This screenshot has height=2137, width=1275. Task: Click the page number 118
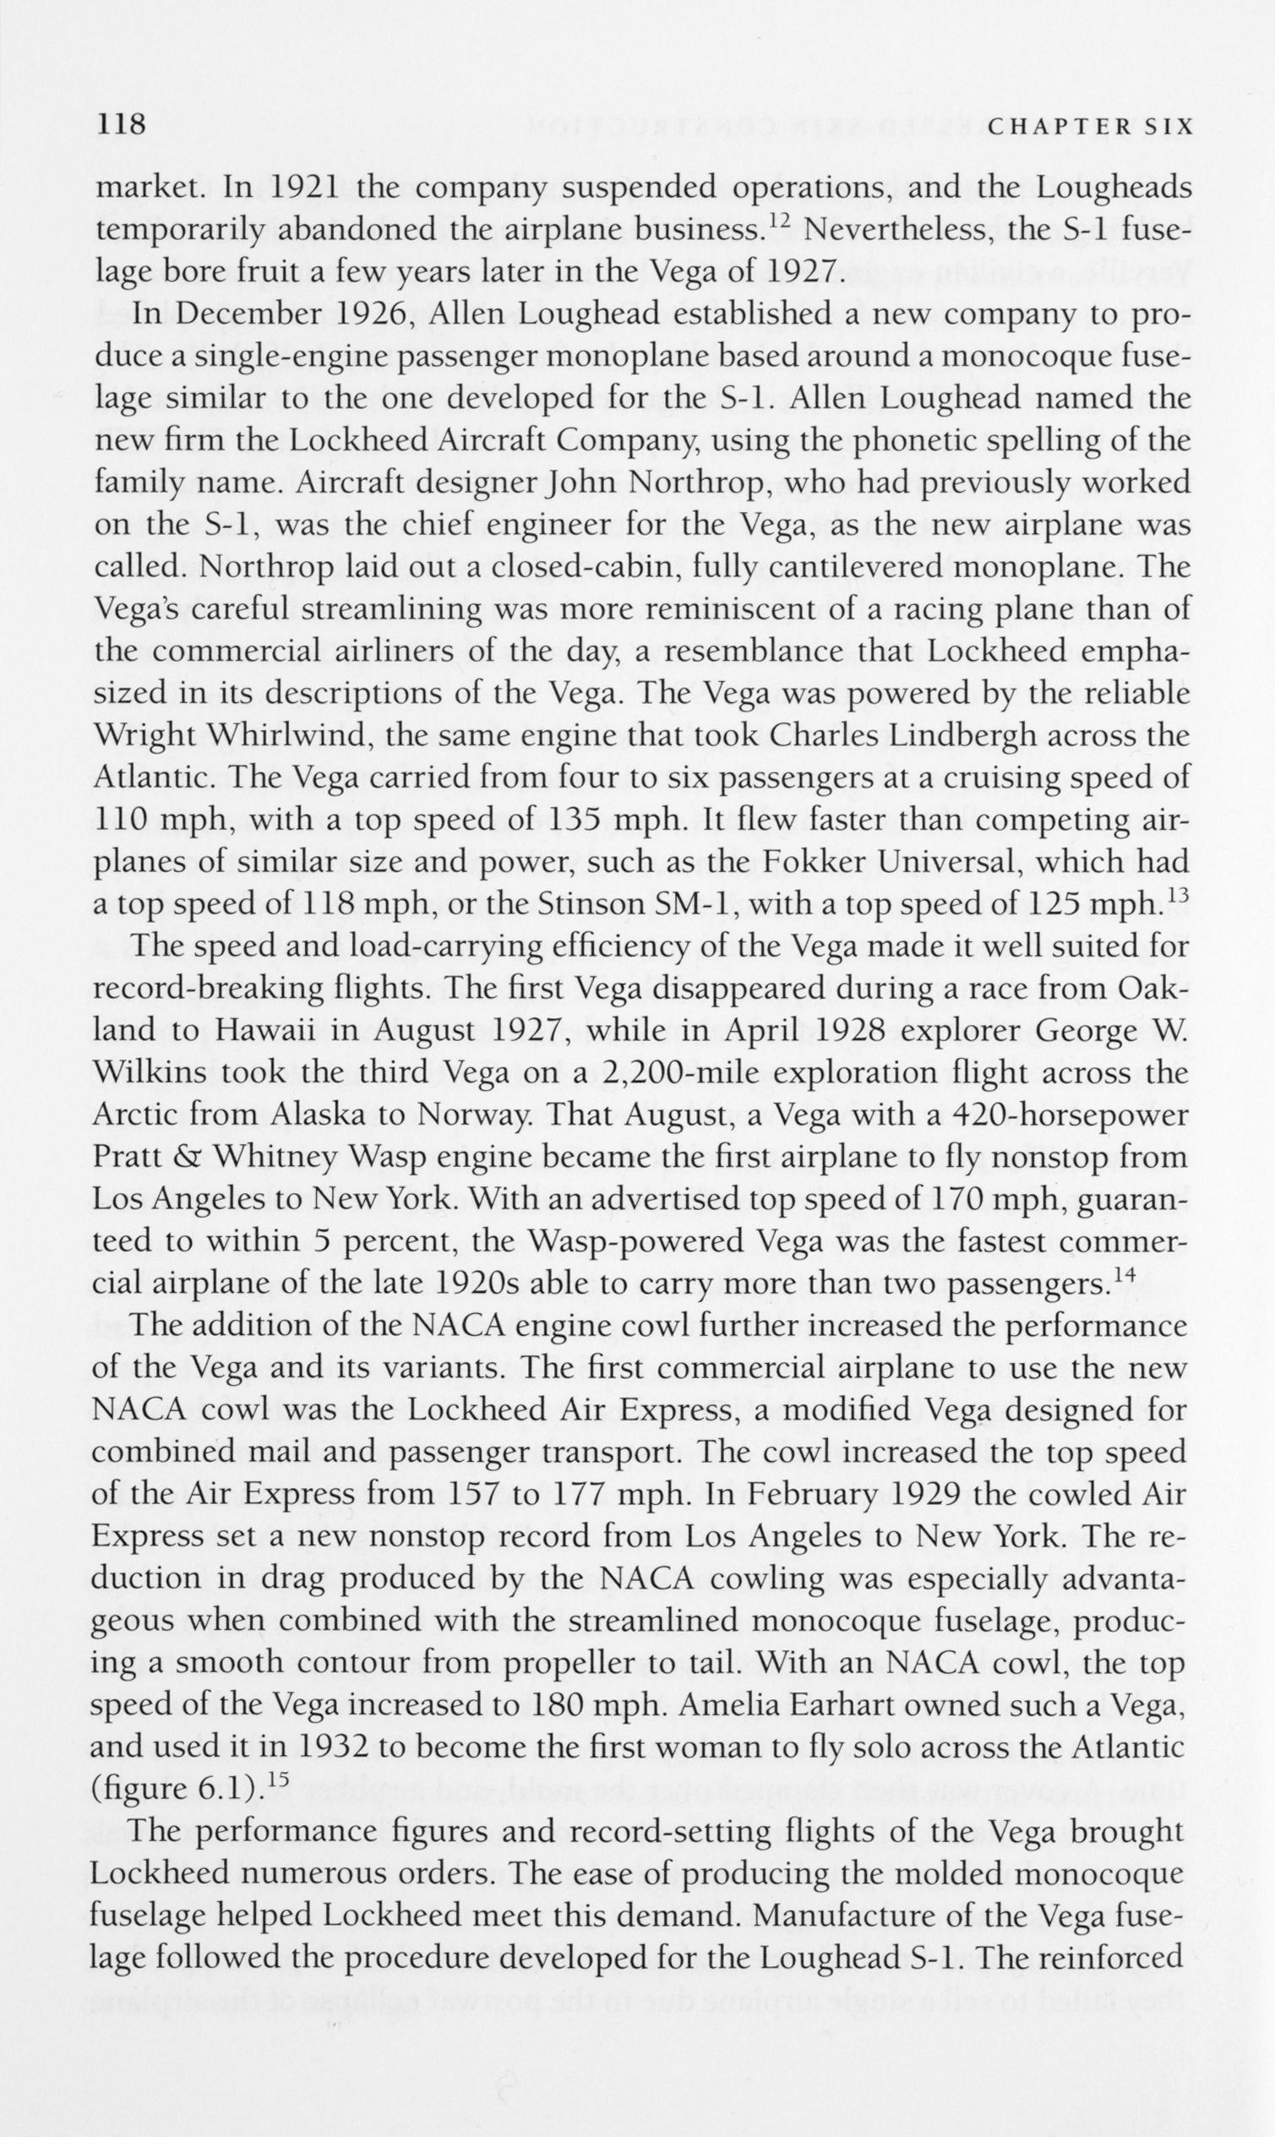point(121,125)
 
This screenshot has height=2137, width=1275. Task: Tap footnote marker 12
point(776,220)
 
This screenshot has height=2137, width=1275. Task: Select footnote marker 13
point(1177,894)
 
